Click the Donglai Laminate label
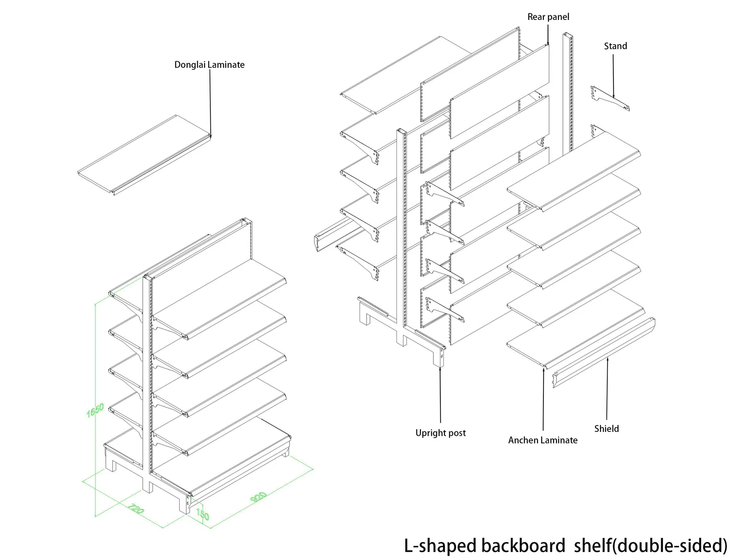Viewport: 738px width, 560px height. pyautogui.click(x=209, y=65)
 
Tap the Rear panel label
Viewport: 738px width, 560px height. pyautogui.click(x=548, y=17)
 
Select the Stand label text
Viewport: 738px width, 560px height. pyautogui.click(x=615, y=46)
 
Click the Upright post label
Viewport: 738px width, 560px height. pyautogui.click(x=440, y=433)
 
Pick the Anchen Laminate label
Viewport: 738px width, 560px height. pyautogui.click(x=543, y=440)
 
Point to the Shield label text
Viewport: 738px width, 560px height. pyautogui.click(x=606, y=429)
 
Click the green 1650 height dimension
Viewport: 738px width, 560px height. pyautogui.click(x=95, y=410)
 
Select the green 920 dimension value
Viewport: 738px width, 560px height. pyautogui.click(x=258, y=497)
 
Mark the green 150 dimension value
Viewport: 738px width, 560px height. pyautogui.click(x=203, y=514)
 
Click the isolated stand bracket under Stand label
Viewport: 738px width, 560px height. pyautogui.click(x=610, y=99)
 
